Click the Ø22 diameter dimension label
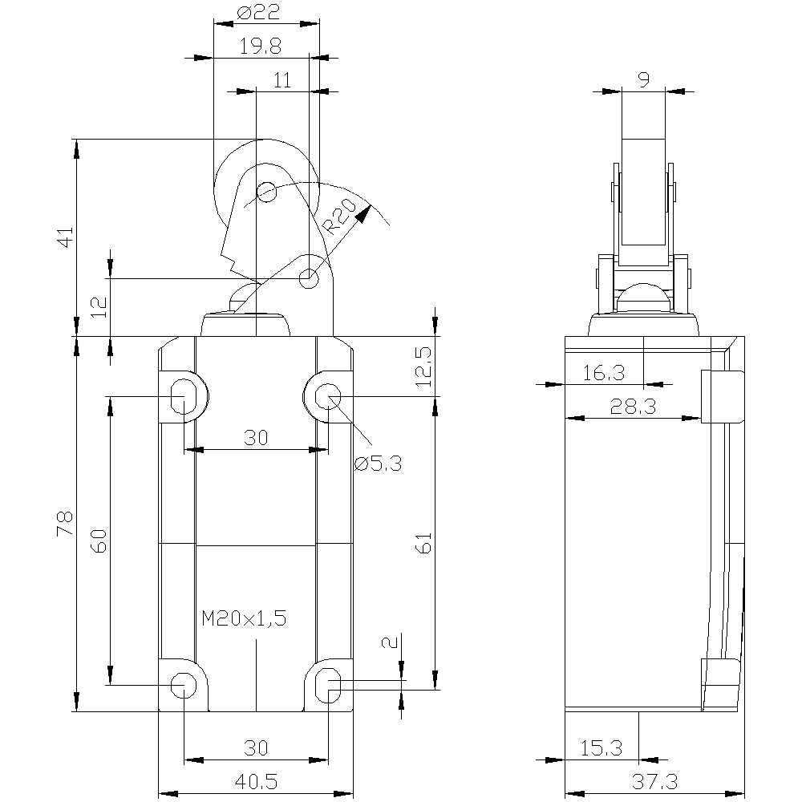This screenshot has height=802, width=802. [x=259, y=12]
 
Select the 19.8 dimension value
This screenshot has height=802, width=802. [x=261, y=47]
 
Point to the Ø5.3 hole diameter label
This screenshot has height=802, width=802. [x=378, y=464]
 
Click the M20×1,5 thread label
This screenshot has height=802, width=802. [x=244, y=618]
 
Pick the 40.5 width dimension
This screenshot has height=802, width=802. [x=256, y=781]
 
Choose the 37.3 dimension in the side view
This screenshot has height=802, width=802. [x=654, y=781]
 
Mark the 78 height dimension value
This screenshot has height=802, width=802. [x=66, y=524]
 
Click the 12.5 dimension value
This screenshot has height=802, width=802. [x=423, y=367]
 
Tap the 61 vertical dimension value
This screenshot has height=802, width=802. [x=424, y=543]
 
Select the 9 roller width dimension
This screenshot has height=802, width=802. [x=644, y=79]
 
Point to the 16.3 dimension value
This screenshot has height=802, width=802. [x=604, y=373]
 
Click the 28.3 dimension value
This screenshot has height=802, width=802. [x=633, y=407]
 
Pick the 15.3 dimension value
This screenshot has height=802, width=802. [x=601, y=748]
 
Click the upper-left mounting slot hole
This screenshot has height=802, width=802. [x=184, y=396]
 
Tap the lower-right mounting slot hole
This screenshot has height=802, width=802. [x=328, y=686]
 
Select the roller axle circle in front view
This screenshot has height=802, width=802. [x=266, y=192]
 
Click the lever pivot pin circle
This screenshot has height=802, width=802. [x=309, y=279]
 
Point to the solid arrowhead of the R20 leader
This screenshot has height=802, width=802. [x=363, y=214]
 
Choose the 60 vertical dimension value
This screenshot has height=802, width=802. [x=99, y=541]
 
